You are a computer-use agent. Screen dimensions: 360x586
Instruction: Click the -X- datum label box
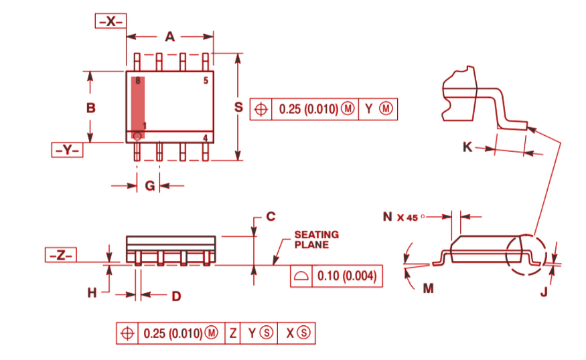coord(110,21)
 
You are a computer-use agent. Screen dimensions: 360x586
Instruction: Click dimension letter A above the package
coord(170,37)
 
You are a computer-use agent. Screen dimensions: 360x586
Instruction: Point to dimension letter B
coord(91,107)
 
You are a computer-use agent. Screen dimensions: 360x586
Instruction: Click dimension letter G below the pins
coord(150,186)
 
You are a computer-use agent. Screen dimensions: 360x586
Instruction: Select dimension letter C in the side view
coord(271,216)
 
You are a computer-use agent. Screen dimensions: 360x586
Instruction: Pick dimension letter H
coord(92,292)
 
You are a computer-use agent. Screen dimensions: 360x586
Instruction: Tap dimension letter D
coord(176,295)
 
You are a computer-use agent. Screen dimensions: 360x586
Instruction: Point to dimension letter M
coord(428,288)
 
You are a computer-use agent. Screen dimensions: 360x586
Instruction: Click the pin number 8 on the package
coord(137,81)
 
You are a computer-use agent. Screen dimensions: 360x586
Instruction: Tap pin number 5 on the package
coord(206,81)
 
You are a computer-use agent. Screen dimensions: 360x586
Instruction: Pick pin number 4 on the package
coord(206,138)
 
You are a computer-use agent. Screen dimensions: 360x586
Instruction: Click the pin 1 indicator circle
coord(137,136)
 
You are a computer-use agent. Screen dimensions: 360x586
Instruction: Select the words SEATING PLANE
coord(316,240)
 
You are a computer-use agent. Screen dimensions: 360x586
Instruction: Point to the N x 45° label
coord(409,217)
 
